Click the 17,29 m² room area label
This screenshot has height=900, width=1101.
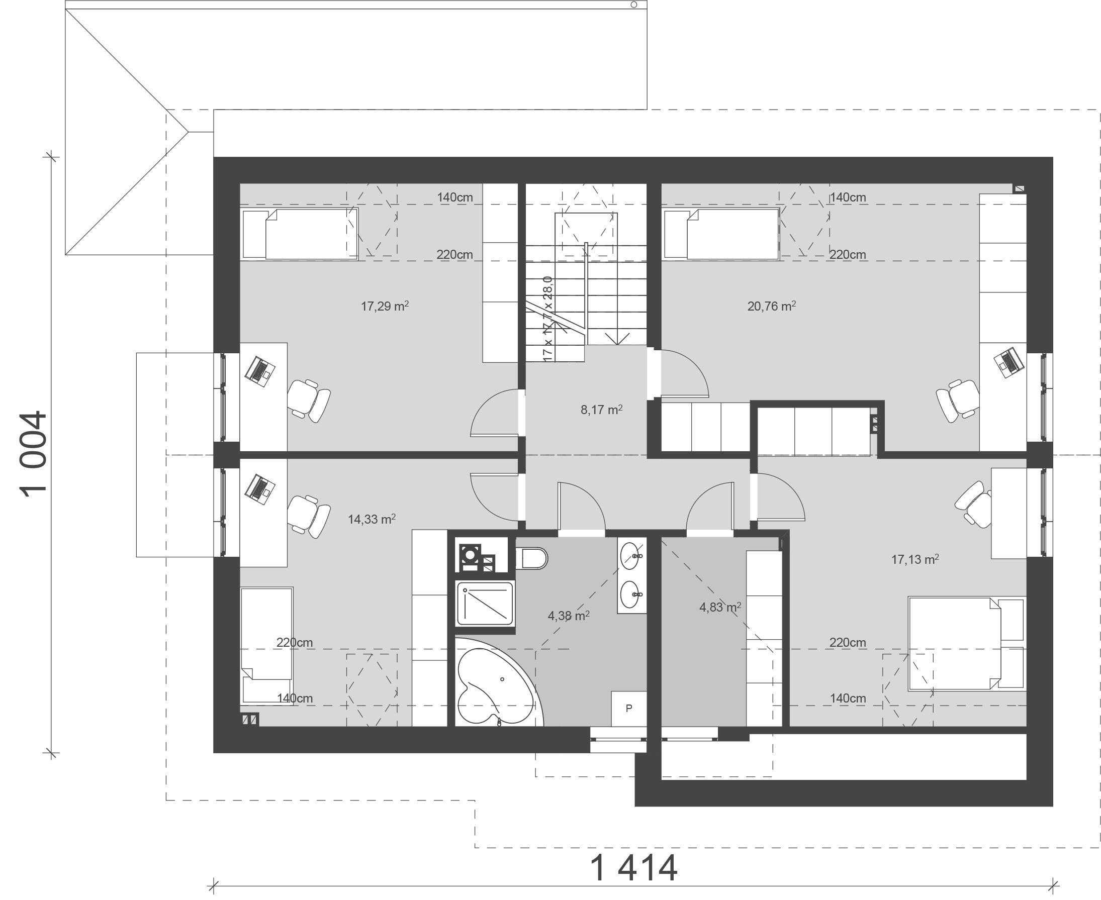(385, 307)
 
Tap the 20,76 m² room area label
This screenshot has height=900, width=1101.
(772, 307)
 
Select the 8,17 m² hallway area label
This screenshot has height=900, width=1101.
(602, 410)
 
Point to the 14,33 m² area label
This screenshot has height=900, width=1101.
(372, 519)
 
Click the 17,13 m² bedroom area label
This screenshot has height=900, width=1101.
(915, 559)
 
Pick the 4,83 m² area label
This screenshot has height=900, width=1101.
(720, 607)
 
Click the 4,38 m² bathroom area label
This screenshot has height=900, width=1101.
(569, 616)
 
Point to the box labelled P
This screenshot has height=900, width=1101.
(629, 709)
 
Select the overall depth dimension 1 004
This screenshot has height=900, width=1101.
(34, 454)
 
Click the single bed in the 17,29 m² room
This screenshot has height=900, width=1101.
(300, 233)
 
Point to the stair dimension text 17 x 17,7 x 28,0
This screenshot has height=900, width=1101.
(547, 319)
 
